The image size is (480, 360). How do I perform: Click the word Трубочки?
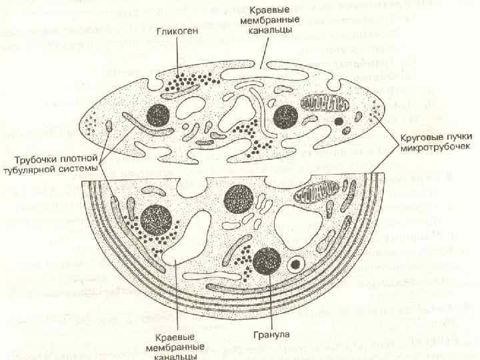(x=35, y=159)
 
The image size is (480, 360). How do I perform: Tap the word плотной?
(x=79, y=159)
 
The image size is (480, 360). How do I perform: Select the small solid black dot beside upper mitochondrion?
(x=339, y=121)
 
